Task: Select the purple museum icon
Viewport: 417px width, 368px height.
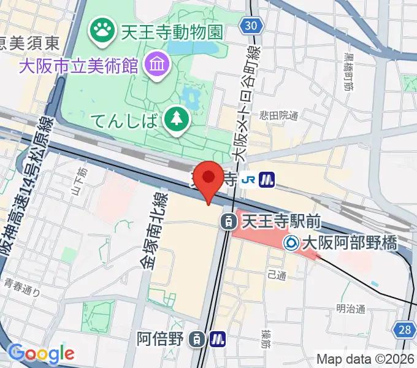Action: pyautogui.click(x=157, y=63)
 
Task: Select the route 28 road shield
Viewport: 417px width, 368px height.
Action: pyautogui.click(x=404, y=330)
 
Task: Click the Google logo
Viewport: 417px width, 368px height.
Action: pyautogui.click(x=41, y=353)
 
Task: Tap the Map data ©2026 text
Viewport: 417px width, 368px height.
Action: pyautogui.click(x=365, y=359)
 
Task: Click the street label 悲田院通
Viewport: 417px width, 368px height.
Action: pyautogui.click(x=278, y=114)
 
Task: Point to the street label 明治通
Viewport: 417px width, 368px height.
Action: pyautogui.click(x=351, y=309)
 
